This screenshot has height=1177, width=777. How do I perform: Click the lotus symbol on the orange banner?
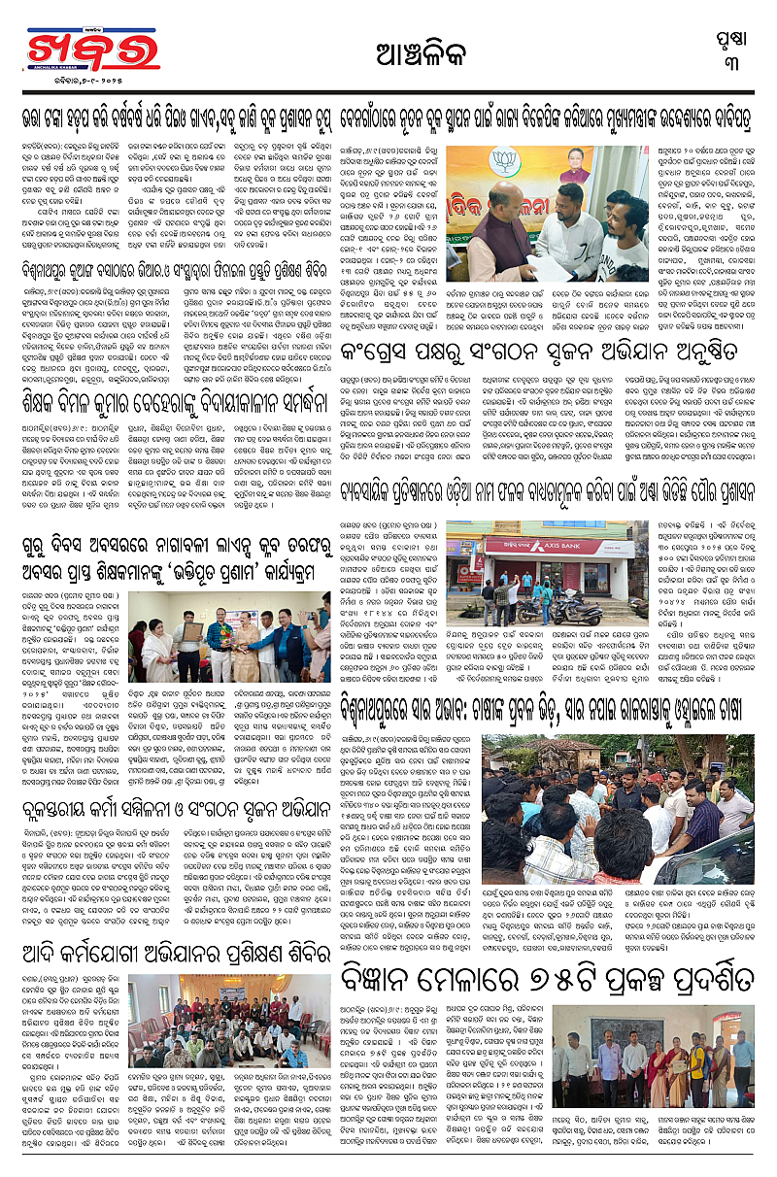click(x=503, y=156)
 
